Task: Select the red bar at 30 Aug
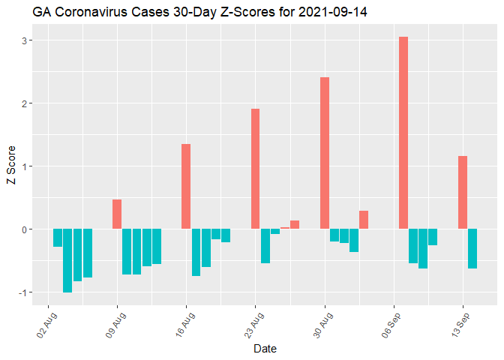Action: pyautogui.click(x=325, y=153)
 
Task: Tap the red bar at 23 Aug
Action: pyautogui.click(x=256, y=169)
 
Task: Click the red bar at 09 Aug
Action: pyautogui.click(x=117, y=214)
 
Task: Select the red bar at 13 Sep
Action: pyautogui.click(x=463, y=192)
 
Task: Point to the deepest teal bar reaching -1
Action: pyautogui.click(x=67, y=260)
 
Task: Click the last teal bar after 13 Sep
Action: pyautogui.click(x=472, y=248)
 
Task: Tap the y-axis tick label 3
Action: pyautogui.click(x=25, y=40)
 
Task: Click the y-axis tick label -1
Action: pyautogui.click(x=23, y=292)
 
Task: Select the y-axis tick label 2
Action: pyautogui.click(x=25, y=103)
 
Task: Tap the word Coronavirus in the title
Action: pyautogui.click(x=89, y=13)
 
